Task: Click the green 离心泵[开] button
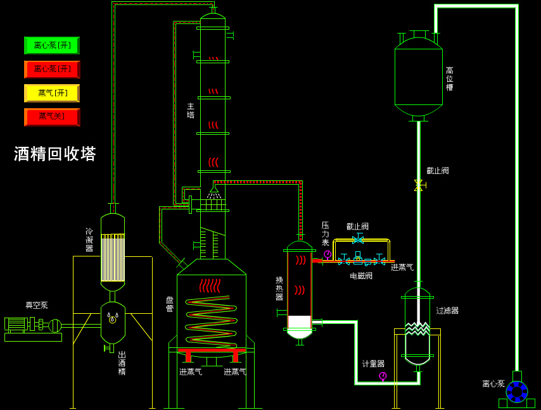pyautogui.click(x=52, y=46)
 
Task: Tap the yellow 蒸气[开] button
pyautogui.click(x=52, y=93)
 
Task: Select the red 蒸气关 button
pyautogui.click(x=52, y=117)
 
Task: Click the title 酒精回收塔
pyautogui.click(x=55, y=154)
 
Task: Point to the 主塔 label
pyautogui.click(x=191, y=111)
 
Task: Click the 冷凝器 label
pyautogui.click(x=89, y=240)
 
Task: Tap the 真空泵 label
pyautogui.click(x=37, y=305)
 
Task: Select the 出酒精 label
pyautogui.click(x=122, y=363)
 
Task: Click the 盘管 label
pyautogui.click(x=170, y=304)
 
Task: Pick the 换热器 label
pyautogui.click(x=279, y=289)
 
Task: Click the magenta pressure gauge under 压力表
pyautogui.click(x=328, y=254)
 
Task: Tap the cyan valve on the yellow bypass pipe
pyautogui.click(x=358, y=240)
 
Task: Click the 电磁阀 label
pyautogui.click(x=361, y=276)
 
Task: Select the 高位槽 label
pyautogui.click(x=449, y=78)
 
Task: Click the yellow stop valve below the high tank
pyautogui.click(x=419, y=185)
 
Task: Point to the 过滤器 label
pyautogui.click(x=447, y=311)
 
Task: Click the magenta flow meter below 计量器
pyautogui.click(x=383, y=376)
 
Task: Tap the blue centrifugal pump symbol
pyautogui.click(x=517, y=391)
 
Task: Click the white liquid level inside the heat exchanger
pyautogui.click(x=300, y=322)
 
